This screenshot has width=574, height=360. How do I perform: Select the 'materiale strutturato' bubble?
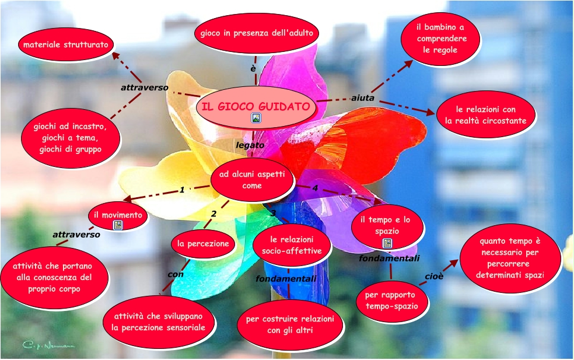click(65, 45)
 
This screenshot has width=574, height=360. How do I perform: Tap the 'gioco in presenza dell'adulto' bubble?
click(257, 33)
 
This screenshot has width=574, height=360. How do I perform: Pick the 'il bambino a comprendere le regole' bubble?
click(441, 39)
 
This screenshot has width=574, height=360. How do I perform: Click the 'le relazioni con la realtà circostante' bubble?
click(486, 115)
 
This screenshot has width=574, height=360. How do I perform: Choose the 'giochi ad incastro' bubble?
click(71, 138)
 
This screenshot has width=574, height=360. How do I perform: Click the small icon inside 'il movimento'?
click(118, 225)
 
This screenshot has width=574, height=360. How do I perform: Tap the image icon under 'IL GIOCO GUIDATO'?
click(256, 118)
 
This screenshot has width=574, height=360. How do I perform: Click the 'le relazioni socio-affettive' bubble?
click(292, 245)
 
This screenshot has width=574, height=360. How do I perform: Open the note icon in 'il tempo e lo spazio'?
click(387, 243)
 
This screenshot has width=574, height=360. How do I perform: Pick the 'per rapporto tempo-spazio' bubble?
click(392, 300)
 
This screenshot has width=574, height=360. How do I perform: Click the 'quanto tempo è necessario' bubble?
click(510, 257)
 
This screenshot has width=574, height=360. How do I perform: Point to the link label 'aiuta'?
click(362, 98)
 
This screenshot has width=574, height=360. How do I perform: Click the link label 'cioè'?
click(434, 276)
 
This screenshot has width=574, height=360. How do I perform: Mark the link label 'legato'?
click(250, 144)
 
